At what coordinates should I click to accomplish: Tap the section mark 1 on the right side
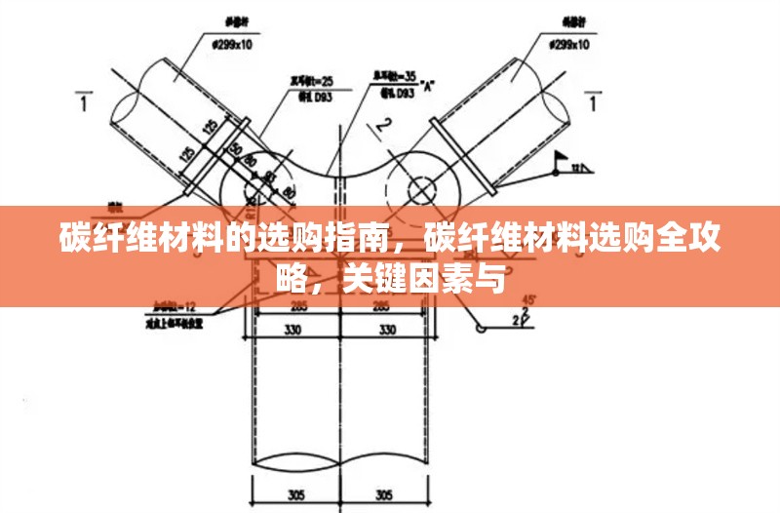(594, 101)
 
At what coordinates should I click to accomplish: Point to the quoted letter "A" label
(428, 85)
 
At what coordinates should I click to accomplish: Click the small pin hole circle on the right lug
(422, 185)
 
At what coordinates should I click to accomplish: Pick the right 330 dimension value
(387, 330)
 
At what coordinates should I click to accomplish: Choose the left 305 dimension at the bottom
(297, 493)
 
